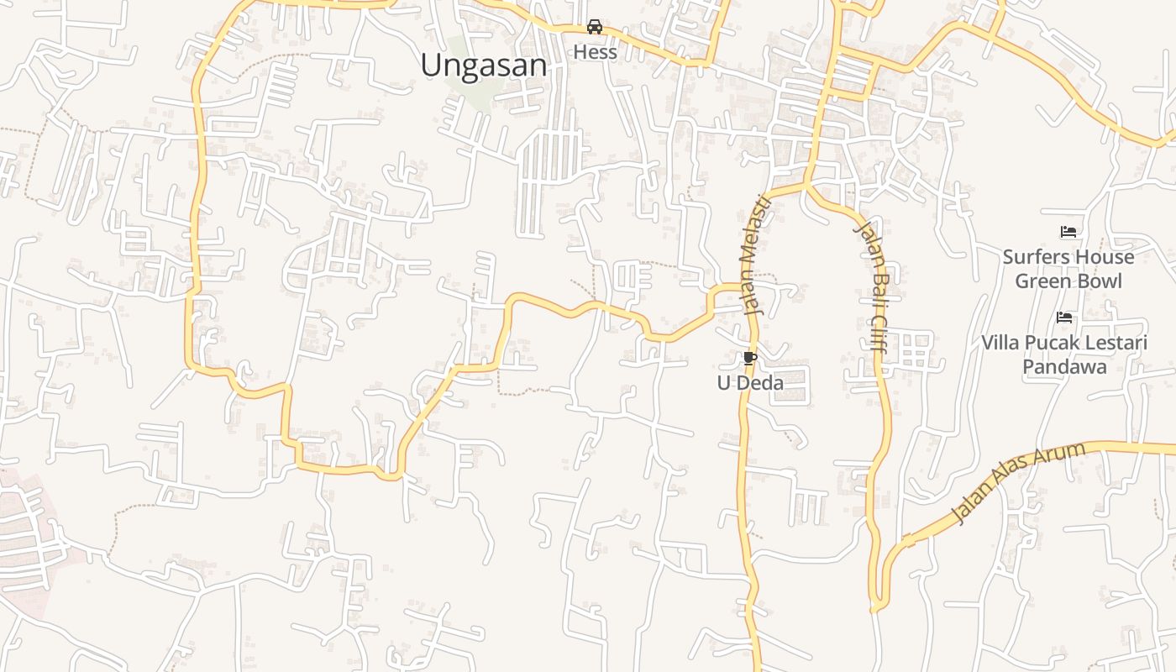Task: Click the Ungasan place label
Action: [x=484, y=66]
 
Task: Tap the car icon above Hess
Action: [x=595, y=27]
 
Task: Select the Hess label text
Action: [x=595, y=52]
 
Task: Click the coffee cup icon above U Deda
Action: [x=750, y=359]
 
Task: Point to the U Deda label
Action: [x=750, y=384]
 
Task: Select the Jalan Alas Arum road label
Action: [x=1019, y=482]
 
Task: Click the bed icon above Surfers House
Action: [x=1068, y=232]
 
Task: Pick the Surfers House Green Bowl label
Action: [x=1068, y=269]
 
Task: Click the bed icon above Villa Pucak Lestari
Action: [x=1064, y=318]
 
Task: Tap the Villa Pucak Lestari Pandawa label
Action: [x=1064, y=354]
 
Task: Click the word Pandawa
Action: [x=1064, y=367]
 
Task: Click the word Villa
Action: [x=1001, y=343]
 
